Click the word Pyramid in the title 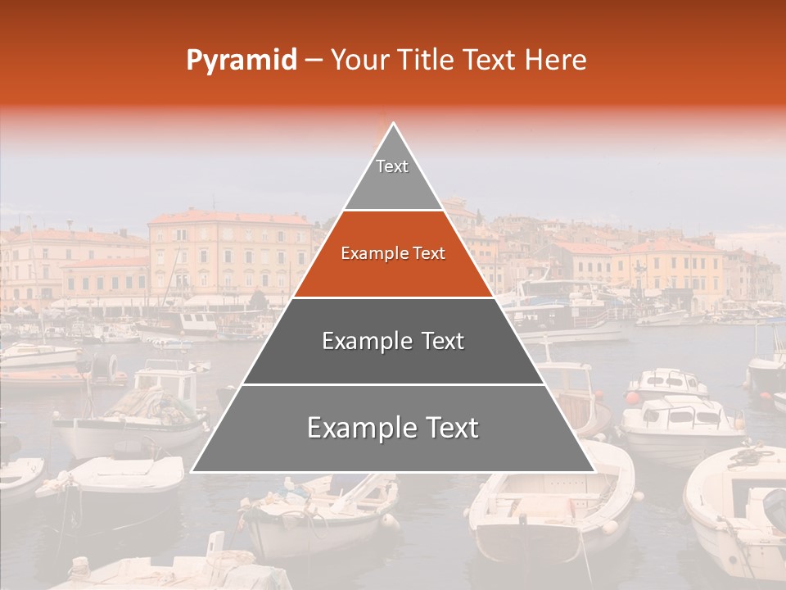pos(241,61)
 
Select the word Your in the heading pos(359,61)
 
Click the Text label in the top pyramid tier pos(392,166)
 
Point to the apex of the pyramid pos(393,124)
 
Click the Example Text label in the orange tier pos(393,254)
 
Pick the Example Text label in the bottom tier pos(393,428)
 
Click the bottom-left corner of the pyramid pos(192,471)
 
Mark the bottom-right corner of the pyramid pos(594,471)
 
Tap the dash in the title pos(313,61)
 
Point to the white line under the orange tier pos(393,297)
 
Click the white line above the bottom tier pos(393,384)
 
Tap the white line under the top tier pos(393,211)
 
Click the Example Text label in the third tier pos(393,341)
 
